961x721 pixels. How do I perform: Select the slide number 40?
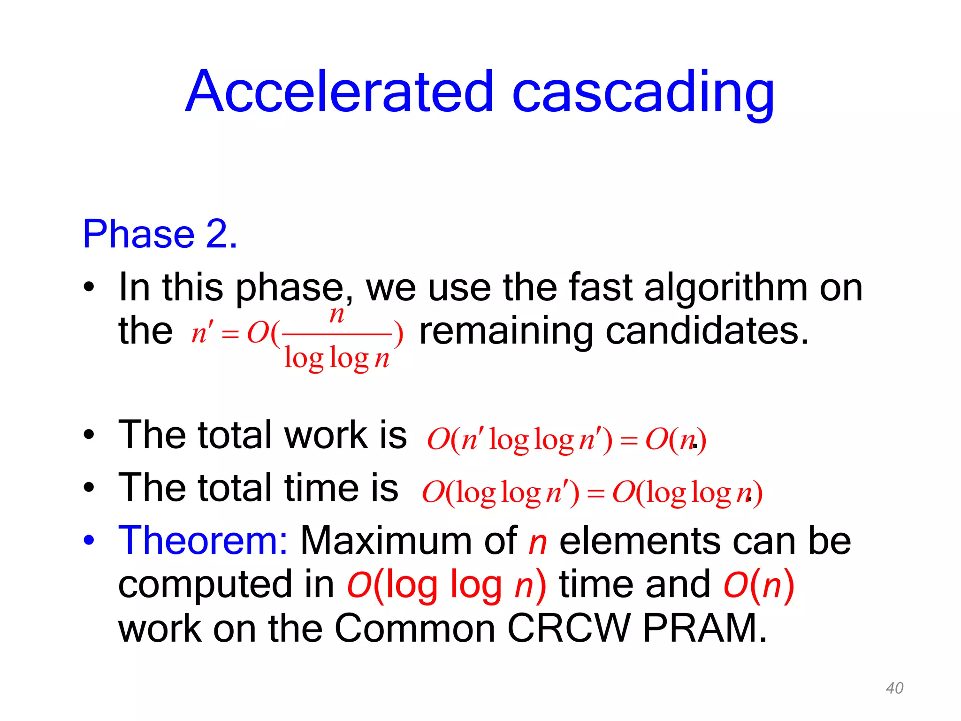(x=894, y=688)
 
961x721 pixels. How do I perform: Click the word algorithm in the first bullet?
(x=725, y=287)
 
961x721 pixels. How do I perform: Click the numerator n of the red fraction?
(x=336, y=314)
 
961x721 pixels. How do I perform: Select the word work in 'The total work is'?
(x=326, y=435)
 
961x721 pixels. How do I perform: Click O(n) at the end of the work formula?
(x=676, y=440)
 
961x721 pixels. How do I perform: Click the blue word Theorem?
(x=203, y=541)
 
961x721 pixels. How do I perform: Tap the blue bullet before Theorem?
(x=89, y=541)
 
